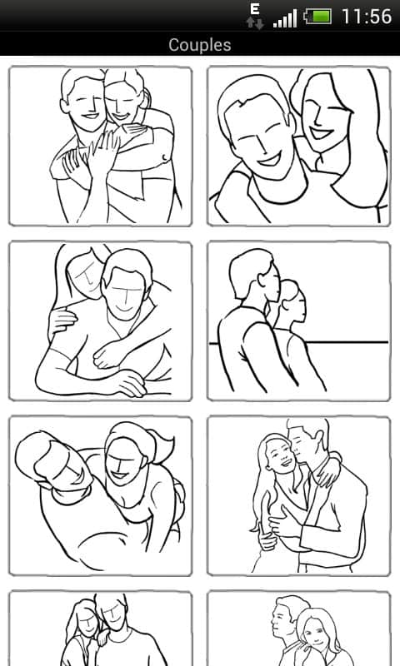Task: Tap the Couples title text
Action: tap(200, 45)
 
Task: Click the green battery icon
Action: tap(318, 17)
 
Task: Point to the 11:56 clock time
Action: tap(367, 17)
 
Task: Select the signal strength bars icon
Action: tap(285, 18)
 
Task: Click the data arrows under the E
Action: tap(255, 23)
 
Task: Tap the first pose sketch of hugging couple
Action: tap(100, 147)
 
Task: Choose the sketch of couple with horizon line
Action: tap(299, 321)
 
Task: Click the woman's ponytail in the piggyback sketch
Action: tap(163, 446)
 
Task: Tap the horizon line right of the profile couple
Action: tap(347, 341)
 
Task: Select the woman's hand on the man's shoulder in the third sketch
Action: tap(62, 321)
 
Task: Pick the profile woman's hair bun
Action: tap(289, 288)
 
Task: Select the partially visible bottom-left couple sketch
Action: tap(100, 629)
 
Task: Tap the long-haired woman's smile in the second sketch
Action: tap(321, 133)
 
